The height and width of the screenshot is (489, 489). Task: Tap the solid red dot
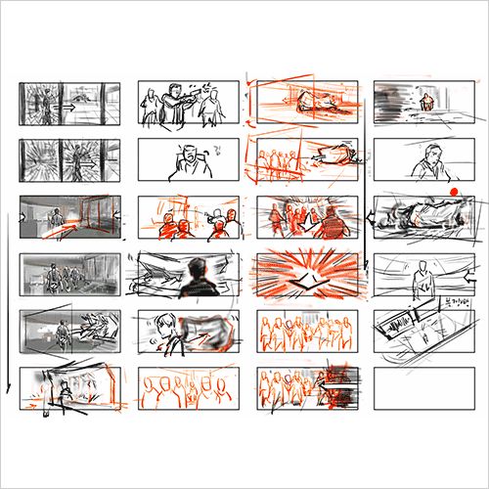[455, 191]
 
